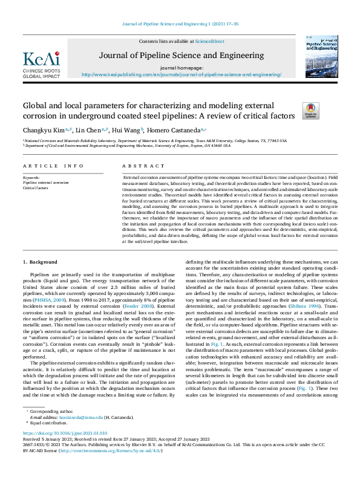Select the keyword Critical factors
[x=35, y=188]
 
